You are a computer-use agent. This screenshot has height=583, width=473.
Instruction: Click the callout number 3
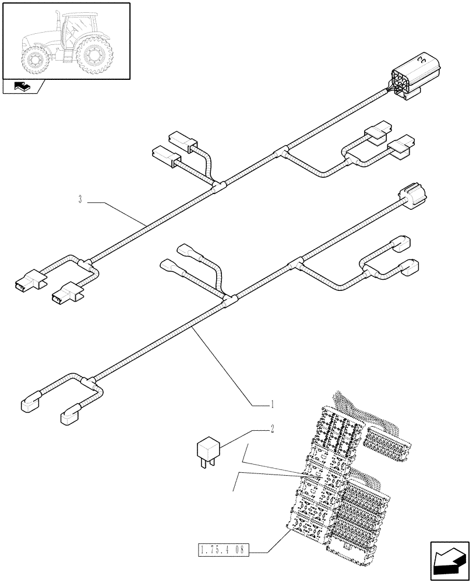tap(79, 201)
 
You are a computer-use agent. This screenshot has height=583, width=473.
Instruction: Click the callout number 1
tap(271, 403)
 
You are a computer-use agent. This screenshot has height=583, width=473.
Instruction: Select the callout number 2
tap(271, 430)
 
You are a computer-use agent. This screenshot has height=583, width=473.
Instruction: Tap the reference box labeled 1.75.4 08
tap(223, 549)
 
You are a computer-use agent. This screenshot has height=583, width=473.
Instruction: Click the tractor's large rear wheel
tap(93, 56)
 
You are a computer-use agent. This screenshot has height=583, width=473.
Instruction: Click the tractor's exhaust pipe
tap(58, 23)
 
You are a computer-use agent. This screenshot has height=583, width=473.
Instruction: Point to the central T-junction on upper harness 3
tap(219, 187)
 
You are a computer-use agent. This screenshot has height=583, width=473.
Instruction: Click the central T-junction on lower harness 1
tap(230, 300)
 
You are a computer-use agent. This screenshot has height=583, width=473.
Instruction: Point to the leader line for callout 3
tap(117, 213)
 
